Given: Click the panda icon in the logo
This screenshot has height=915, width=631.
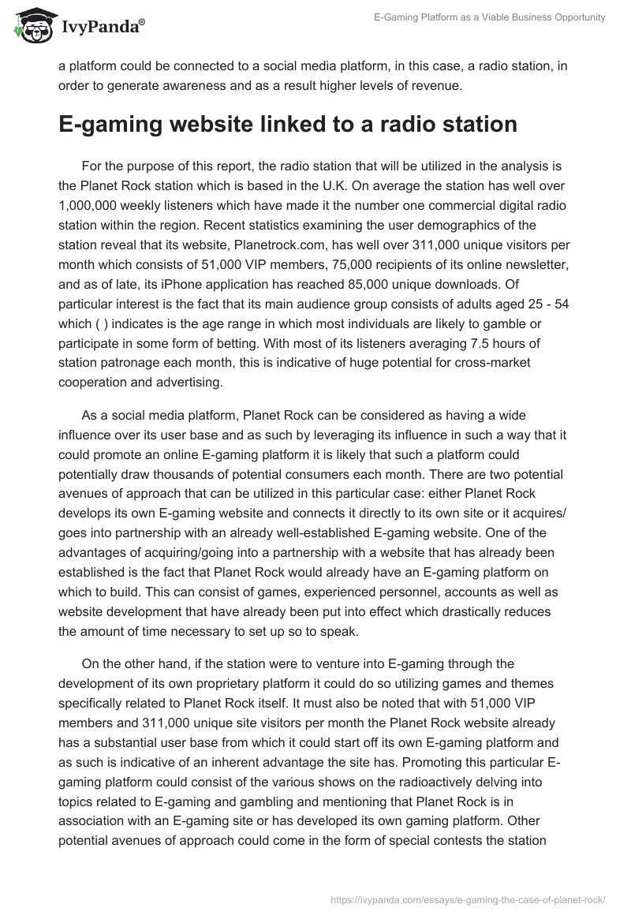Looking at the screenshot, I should click(32, 25).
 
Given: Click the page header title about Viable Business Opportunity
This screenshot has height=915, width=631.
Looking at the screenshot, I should click(489, 17).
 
